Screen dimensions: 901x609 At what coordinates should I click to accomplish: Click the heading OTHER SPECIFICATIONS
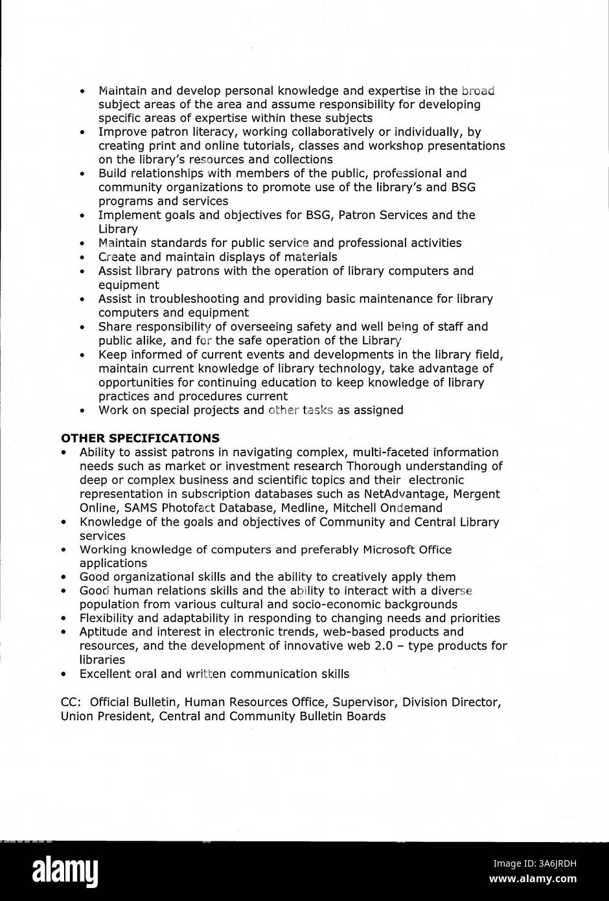139,438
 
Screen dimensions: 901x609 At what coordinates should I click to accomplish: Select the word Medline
300,508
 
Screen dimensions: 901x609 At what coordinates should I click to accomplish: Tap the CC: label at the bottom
70,702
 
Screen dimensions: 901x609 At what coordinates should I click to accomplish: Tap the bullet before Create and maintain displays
82,257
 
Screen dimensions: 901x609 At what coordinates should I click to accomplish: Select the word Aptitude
104,631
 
